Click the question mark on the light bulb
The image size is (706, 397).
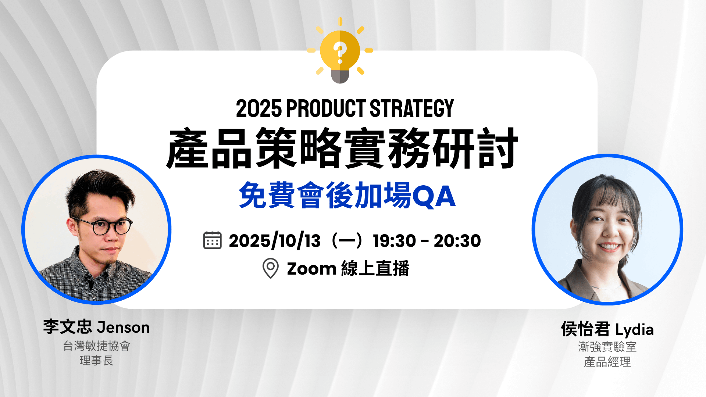[x=340, y=52]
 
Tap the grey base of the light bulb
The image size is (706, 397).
[x=340, y=76]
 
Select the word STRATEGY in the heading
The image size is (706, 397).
[x=412, y=109]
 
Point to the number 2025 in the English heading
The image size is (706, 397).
[x=259, y=109]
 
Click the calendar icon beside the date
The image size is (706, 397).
[x=213, y=241]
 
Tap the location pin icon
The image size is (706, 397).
[x=271, y=268]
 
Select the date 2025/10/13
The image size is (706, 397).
[x=275, y=241]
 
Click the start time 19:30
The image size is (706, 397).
[x=394, y=241]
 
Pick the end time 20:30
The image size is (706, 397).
[x=457, y=241]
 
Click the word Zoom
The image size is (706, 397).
[x=312, y=269]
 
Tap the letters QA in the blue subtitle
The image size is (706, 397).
[x=434, y=196]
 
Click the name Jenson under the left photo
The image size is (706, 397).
[x=123, y=328]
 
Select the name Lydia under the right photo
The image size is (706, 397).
[x=634, y=330]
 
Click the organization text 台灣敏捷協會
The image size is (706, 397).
[x=96, y=346]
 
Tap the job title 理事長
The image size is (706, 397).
[x=96, y=361]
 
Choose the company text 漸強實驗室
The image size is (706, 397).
[x=607, y=347]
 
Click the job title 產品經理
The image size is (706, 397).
[x=607, y=362]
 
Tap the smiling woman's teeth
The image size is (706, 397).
[x=609, y=247]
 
